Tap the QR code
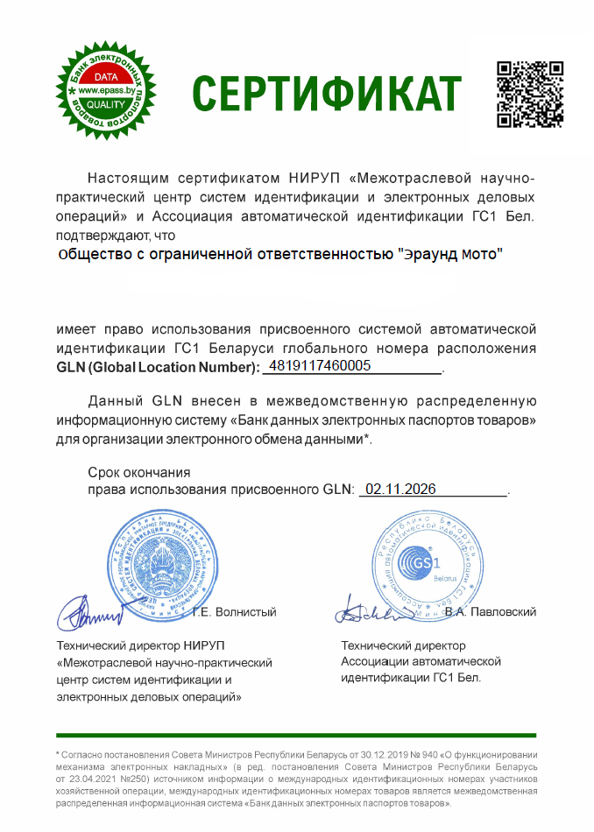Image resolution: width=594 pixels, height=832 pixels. [x=530, y=95]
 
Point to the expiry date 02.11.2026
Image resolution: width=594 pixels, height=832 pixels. [x=400, y=489]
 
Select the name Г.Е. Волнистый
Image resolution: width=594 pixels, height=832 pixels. [x=235, y=611]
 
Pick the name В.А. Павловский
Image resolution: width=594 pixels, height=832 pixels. [x=490, y=611]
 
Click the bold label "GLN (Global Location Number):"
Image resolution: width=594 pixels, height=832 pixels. [x=158, y=366]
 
